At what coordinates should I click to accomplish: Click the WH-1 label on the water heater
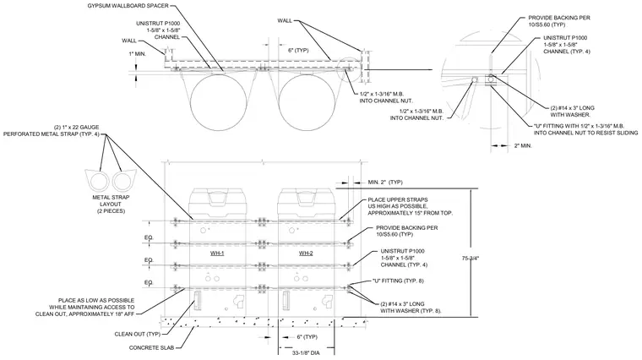coord(217,254)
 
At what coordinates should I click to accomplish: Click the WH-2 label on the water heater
coord(306,254)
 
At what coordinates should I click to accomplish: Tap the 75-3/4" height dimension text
coord(470,259)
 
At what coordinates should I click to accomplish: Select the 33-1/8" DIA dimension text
coord(306,352)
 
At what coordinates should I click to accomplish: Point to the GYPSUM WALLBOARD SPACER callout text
coord(128,6)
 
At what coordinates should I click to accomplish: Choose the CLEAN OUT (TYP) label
coord(138,334)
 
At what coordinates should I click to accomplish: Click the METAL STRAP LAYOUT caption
coord(111,204)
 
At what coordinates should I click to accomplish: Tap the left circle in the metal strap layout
coord(100,182)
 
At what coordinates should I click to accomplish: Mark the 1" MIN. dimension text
coord(138,53)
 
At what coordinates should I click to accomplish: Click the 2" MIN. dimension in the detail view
coord(523,145)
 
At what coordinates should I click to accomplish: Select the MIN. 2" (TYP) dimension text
coord(385,182)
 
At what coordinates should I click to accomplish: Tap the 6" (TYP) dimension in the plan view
coord(298,51)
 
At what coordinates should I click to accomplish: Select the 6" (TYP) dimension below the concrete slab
coord(307,336)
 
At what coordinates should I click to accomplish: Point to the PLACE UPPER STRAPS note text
coord(411,206)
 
